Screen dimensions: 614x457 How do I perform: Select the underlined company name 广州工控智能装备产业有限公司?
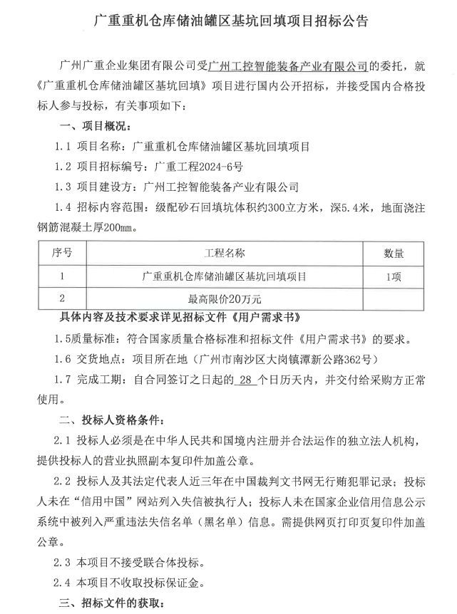pyautogui.click(x=287, y=67)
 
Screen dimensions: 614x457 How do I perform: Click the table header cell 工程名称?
pyautogui.click(x=225, y=254)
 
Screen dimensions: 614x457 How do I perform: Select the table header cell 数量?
pyautogui.click(x=394, y=254)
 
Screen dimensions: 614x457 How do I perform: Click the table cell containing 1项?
pyautogui.click(x=394, y=276)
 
